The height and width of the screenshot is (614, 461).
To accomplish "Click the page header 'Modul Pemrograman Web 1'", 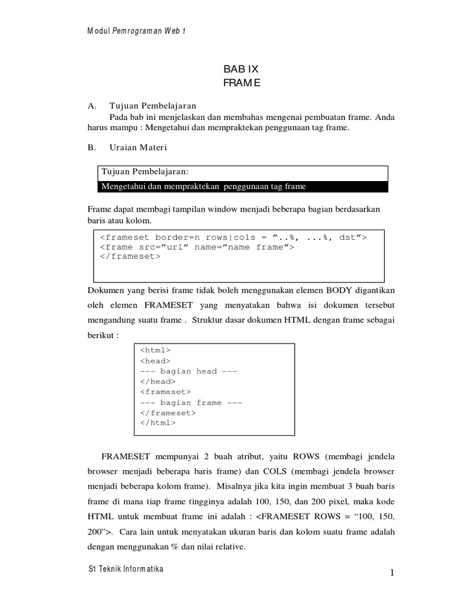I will click(136, 31).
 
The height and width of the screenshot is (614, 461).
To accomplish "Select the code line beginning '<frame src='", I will click(196, 246).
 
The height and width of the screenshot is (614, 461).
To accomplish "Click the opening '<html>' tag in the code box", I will click(155, 350).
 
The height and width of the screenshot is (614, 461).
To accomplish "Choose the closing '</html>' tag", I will click(158, 423).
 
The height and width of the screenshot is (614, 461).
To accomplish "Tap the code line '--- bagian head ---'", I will click(188, 371).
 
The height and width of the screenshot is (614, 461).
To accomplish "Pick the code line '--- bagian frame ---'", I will click(191, 402).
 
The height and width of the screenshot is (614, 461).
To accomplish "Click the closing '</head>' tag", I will click(158, 381).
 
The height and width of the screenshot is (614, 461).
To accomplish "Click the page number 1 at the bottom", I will click(391, 574).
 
